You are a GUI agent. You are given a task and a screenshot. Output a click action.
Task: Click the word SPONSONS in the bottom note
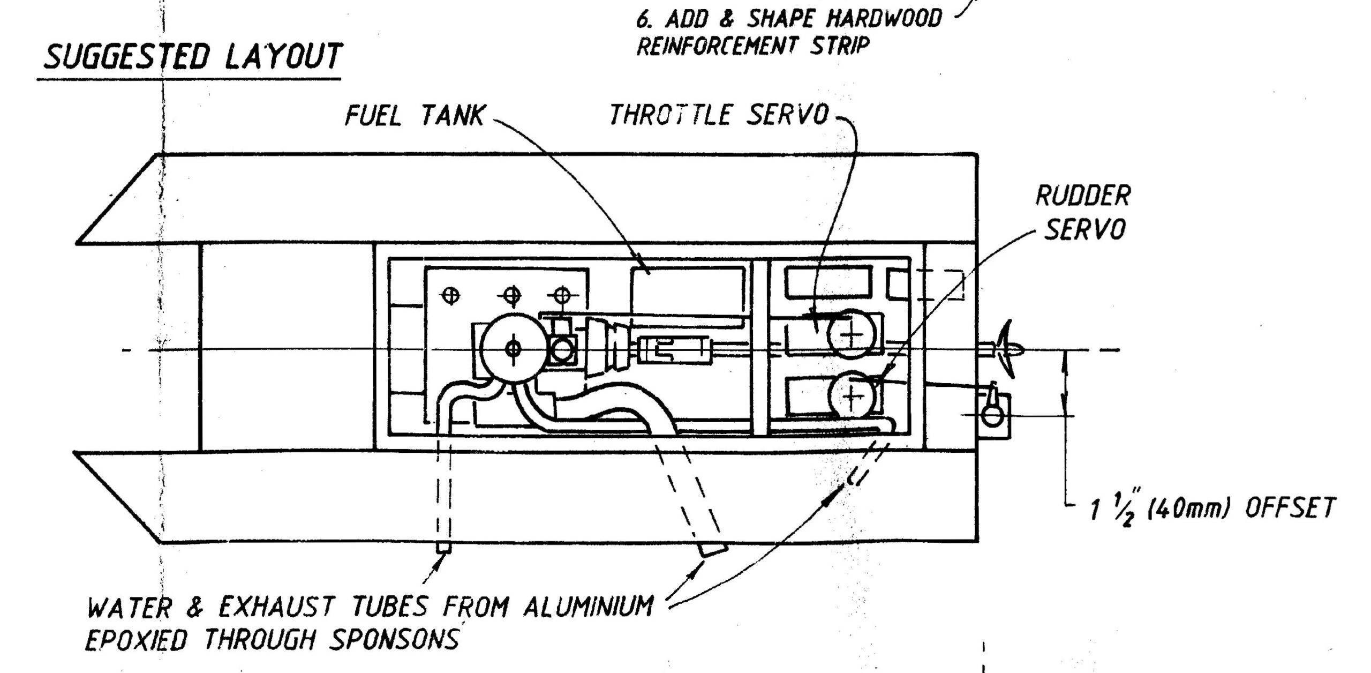pos(394,639)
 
